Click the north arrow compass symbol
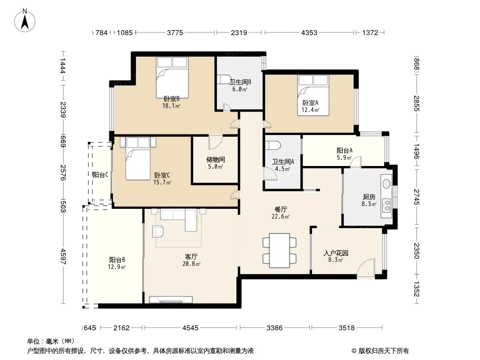pos(25,21)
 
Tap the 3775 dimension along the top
pos(175,32)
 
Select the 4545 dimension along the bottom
pos(190,328)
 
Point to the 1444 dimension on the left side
pos(63,66)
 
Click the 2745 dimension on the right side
pos(417,197)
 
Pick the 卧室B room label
pos(172,99)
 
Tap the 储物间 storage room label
pos(216,159)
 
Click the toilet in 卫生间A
pos(273,145)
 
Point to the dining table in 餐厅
pos(280,251)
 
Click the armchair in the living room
pos(158,231)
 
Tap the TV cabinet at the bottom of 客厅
pos(171,300)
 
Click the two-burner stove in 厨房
pos(387,205)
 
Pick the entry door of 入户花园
pos(366,269)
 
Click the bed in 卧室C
pos(138,158)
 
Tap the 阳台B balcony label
pos(117,260)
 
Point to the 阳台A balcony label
pos(344,150)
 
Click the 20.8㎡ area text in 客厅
pos(191,264)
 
